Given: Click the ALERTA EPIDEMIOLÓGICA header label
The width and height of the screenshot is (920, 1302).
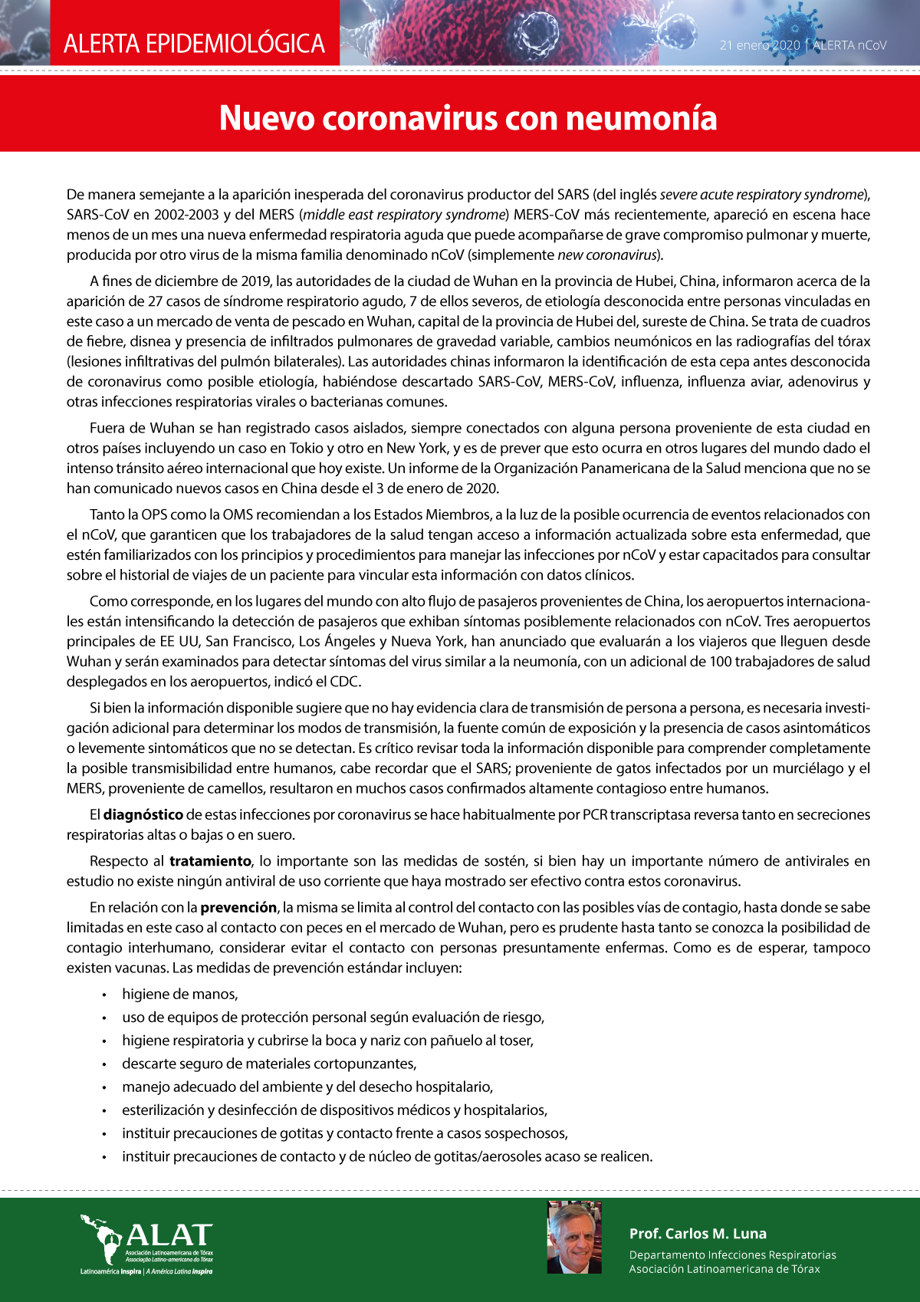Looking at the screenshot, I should [194, 44].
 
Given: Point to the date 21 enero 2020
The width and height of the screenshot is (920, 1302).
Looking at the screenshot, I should [759, 45].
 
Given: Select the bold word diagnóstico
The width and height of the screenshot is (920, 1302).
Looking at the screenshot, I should [143, 814].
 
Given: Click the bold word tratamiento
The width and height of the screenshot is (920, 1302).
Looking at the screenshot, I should [210, 861].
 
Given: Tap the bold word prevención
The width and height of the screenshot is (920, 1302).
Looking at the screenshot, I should [238, 907].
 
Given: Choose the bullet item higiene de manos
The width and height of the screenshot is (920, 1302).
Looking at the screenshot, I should [180, 995].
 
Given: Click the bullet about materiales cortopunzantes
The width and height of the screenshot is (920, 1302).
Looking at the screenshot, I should [269, 1064].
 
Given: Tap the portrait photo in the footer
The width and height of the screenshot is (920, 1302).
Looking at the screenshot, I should [574, 1238].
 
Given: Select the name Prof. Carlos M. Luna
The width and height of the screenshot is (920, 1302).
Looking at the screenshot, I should [698, 1234].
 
